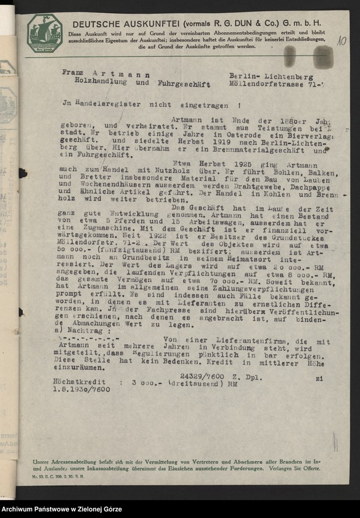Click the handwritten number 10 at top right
341,41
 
